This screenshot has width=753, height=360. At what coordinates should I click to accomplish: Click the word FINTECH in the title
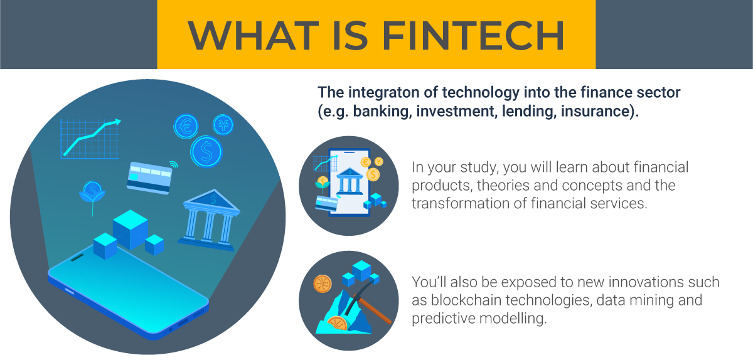click(x=473, y=35)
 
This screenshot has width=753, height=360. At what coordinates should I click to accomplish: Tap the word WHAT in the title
click(x=253, y=35)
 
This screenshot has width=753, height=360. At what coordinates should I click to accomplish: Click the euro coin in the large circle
click(x=186, y=127)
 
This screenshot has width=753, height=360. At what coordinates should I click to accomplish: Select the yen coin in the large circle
click(x=223, y=125)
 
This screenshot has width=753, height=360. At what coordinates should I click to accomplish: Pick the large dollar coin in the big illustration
click(x=206, y=152)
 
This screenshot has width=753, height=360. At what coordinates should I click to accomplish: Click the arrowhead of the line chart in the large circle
click(x=117, y=122)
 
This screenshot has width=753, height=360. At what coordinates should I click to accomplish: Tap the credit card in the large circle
click(x=149, y=178)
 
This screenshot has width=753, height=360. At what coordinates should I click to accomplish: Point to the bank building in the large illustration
click(x=209, y=220)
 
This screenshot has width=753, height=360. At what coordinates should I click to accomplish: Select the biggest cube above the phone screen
click(x=131, y=230)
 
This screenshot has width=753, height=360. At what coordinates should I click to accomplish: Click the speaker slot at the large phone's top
click(x=77, y=258)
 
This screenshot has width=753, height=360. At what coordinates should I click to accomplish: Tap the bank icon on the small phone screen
click(x=350, y=181)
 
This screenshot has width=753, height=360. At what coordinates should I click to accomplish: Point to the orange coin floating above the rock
click(x=323, y=283)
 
